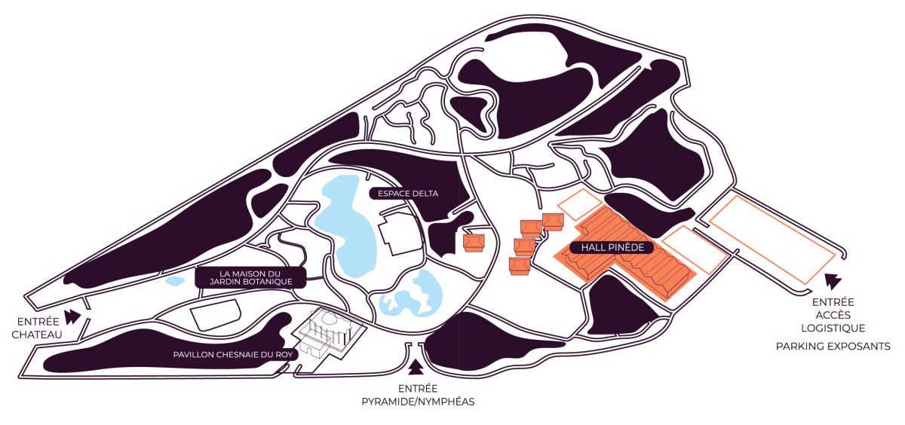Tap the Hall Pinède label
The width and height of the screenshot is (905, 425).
pyautogui.click(x=611, y=246)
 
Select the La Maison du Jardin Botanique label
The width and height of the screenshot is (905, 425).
pyautogui.click(x=250, y=277)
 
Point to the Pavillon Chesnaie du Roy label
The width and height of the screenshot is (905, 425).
pyautogui.click(x=233, y=354)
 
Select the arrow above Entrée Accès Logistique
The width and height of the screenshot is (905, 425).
pyautogui.click(x=832, y=283)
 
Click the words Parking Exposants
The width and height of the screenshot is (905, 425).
pyautogui.click(x=833, y=346)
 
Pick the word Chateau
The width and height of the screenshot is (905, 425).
pyautogui.click(x=37, y=335)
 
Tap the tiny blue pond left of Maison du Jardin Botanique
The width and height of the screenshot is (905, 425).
pyautogui.click(x=175, y=281)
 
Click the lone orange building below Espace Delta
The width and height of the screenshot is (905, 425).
pyautogui.click(x=474, y=242)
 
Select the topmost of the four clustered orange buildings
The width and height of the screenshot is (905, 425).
pyautogui.click(x=553, y=222)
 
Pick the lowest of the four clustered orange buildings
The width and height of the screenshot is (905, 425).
pyautogui.click(x=520, y=267)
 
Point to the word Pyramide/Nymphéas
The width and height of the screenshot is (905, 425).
pyautogui.click(x=417, y=402)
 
